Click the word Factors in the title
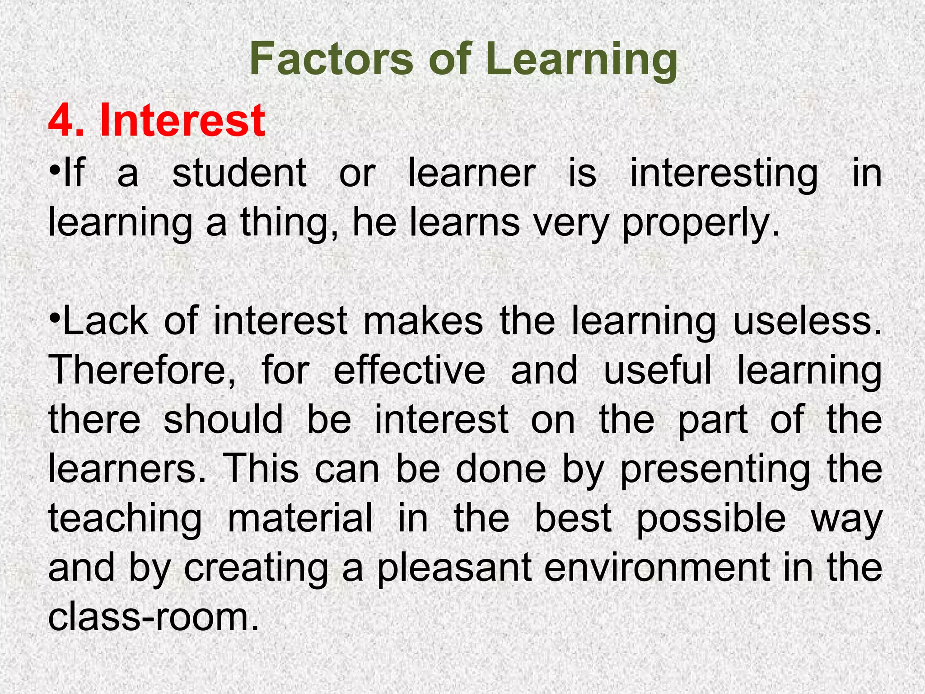click(x=331, y=59)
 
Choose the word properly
click(x=701, y=224)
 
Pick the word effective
click(x=409, y=370)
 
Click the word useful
click(x=658, y=370)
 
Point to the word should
click(x=223, y=420)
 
